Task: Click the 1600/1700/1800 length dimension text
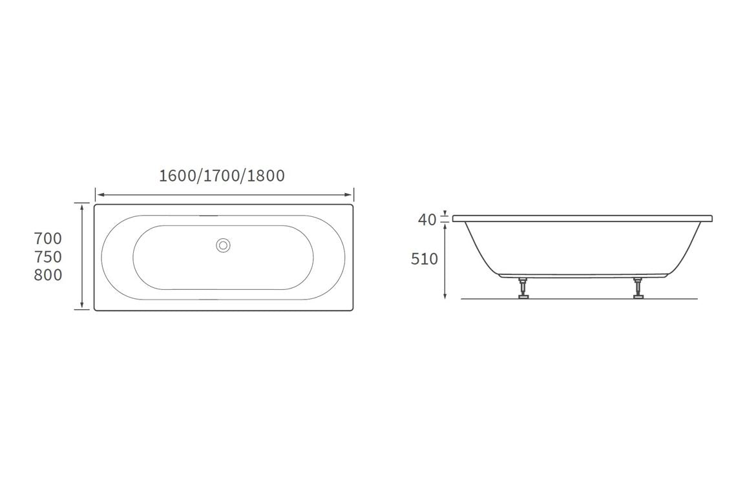click(x=222, y=176)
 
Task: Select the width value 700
click(x=48, y=239)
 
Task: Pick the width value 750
click(x=48, y=257)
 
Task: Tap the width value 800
click(x=48, y=275)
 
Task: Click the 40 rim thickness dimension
click(x=427, y=220)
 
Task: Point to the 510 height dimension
click(x=425, y=259)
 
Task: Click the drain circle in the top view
click(x=224, y=245)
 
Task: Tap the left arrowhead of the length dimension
click(x=99, y=194)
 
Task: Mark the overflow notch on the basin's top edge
click(x=208, y=216)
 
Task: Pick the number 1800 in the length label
click(x=266, y=176)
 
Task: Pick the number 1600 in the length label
click(x=178, y=176)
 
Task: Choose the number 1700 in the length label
click(x=222, y=176)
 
